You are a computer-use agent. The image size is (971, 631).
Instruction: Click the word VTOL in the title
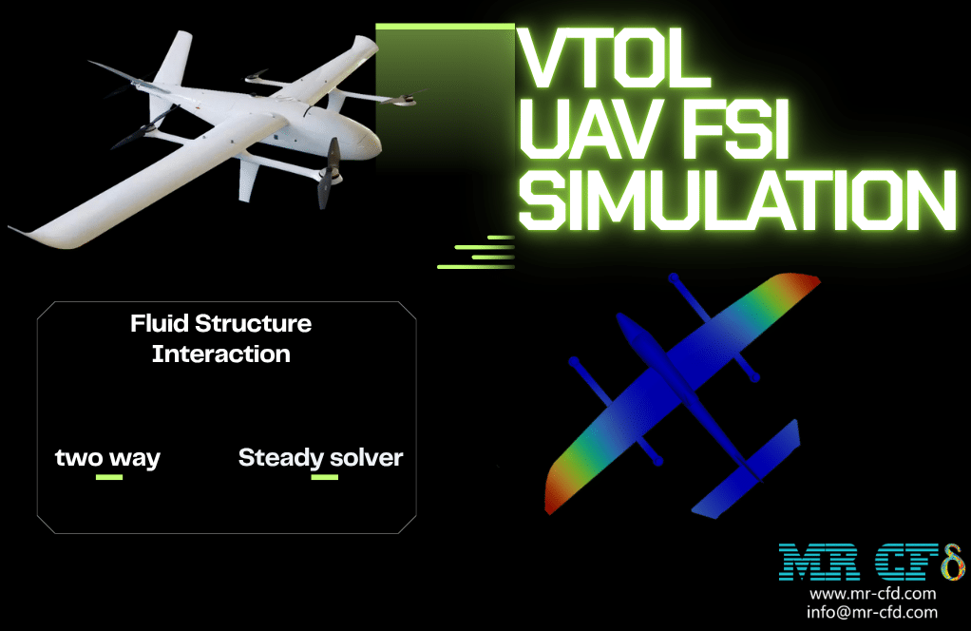tap(614, 59)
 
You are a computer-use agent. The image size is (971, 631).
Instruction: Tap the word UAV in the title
tap(589, 130)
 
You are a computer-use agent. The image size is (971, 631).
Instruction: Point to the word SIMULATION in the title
tap(737, 200)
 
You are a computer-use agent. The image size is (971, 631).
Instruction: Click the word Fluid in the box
tap(160, 323)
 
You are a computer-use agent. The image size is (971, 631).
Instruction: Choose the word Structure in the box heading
tap(254, 323)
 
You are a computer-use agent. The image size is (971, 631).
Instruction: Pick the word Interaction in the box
tap(221, 354)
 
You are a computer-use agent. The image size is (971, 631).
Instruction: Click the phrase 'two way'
tap(107, 458)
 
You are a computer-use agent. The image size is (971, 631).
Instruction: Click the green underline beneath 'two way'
tap(109, 477)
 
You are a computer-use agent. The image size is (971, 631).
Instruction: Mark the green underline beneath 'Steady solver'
tap(325, 477)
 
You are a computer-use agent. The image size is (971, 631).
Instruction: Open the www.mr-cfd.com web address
tap(872, 594)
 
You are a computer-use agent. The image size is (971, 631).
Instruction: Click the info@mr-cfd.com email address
tap(872, 612)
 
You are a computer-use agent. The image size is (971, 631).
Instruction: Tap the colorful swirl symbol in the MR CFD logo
tap(953, 562)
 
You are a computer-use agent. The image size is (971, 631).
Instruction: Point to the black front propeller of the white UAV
tap(329, 173)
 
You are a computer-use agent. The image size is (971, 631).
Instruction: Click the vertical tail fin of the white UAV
tap(173, 59)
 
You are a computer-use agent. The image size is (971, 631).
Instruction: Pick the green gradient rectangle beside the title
tap(445, 93)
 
